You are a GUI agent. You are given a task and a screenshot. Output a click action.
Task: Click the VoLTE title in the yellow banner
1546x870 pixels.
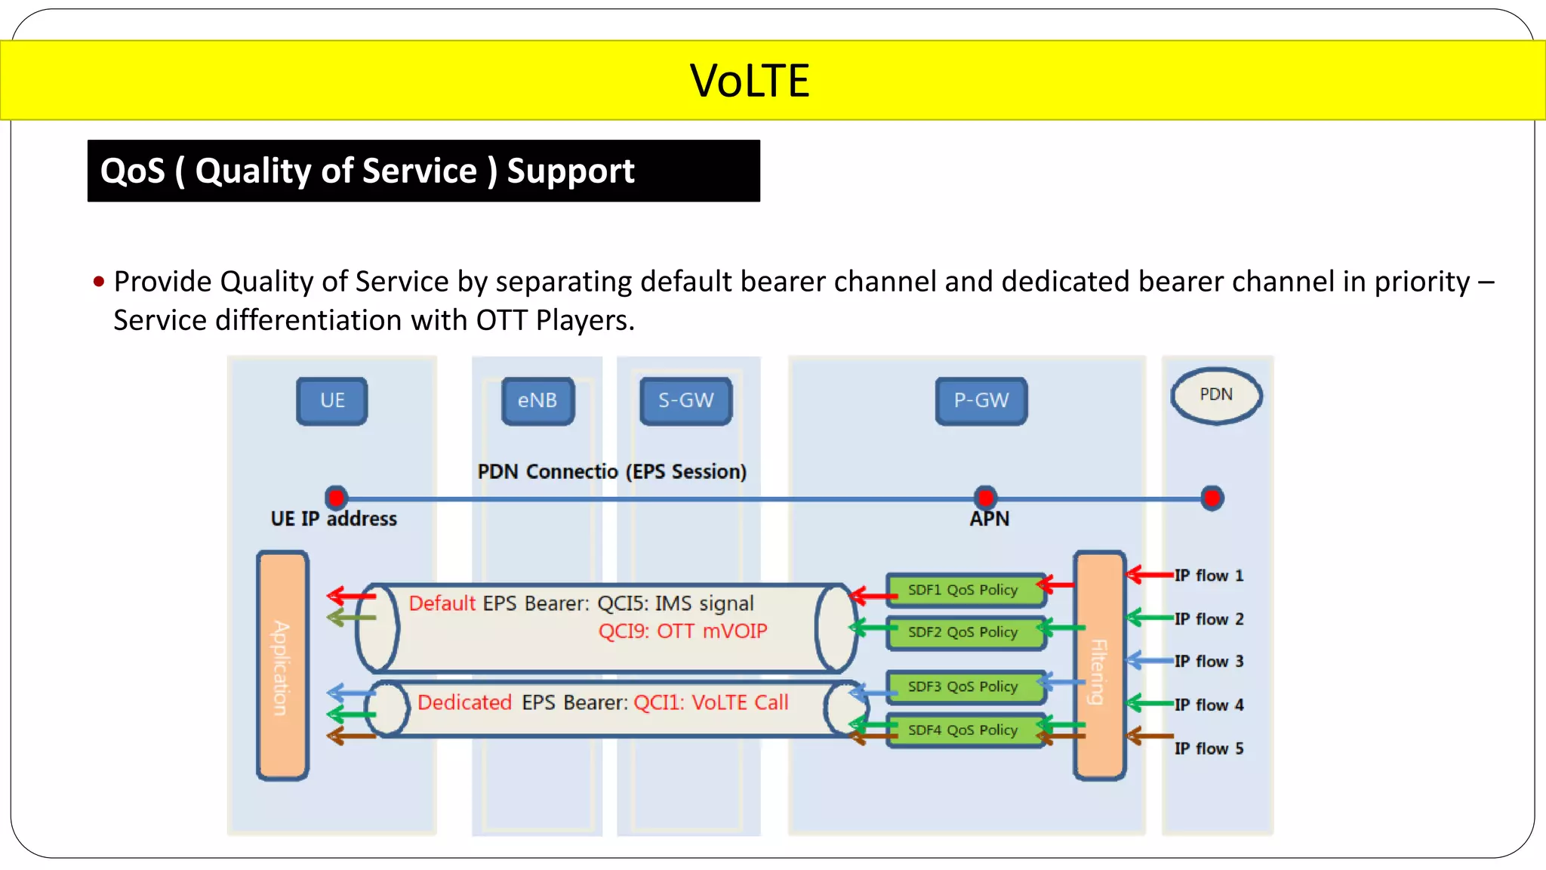[750, 81]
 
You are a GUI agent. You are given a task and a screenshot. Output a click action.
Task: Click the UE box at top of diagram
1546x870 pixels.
[332, 401]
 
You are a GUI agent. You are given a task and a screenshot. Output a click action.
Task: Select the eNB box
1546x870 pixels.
[537, 401]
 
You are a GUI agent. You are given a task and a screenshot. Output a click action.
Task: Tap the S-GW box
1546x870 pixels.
[686, 401]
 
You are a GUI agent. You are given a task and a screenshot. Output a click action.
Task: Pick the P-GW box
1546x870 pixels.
[981, 401]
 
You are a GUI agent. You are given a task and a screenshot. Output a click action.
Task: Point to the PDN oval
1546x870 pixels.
[1216, 395]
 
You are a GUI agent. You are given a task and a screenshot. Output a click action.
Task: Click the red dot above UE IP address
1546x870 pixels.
[337, 498]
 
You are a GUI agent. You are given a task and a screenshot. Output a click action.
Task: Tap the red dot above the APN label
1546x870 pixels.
[985, 498]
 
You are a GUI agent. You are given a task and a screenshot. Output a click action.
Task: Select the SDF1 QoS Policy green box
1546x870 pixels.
[963, 590]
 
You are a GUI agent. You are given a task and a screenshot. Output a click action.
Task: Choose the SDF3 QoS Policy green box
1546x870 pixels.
[963, 686]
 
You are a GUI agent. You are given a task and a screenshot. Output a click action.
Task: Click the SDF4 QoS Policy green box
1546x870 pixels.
[963, 730]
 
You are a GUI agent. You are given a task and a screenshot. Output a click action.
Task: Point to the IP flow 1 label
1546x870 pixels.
[1209, 575]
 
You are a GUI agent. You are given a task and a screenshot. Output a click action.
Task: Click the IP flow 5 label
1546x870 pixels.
[1209, 748]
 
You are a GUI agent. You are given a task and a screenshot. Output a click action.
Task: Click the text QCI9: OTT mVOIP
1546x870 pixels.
[682, 631]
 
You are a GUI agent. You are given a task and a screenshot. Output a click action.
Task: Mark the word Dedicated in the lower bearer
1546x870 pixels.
[464, 702]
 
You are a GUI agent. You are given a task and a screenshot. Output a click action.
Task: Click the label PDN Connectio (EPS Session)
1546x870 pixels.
[611, 472]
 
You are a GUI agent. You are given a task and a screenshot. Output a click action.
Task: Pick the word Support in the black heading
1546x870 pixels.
[571, 171]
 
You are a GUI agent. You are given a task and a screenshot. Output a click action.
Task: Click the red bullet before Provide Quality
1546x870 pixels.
[99, 282]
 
